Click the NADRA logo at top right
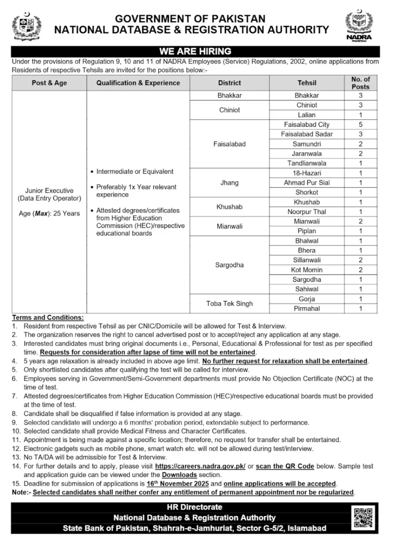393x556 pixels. tap(359, 26)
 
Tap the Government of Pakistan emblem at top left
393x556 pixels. tap(27, 26)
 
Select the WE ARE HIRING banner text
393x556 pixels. tap(196, 52)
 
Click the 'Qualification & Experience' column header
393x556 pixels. tap(138, 83)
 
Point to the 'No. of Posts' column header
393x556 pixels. tap(360, 83)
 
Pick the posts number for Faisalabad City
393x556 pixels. tap(360, 124)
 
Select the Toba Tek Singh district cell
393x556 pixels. tap(229, 304)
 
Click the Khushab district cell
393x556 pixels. tap(229, 207)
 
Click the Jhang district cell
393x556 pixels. tap(229, 182)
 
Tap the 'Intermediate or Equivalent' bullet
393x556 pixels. tap(135, 172)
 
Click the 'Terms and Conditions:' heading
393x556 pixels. tap(48, 317)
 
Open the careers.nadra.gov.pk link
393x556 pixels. tap(200, 466)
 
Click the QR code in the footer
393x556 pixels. tap(363, 517)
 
